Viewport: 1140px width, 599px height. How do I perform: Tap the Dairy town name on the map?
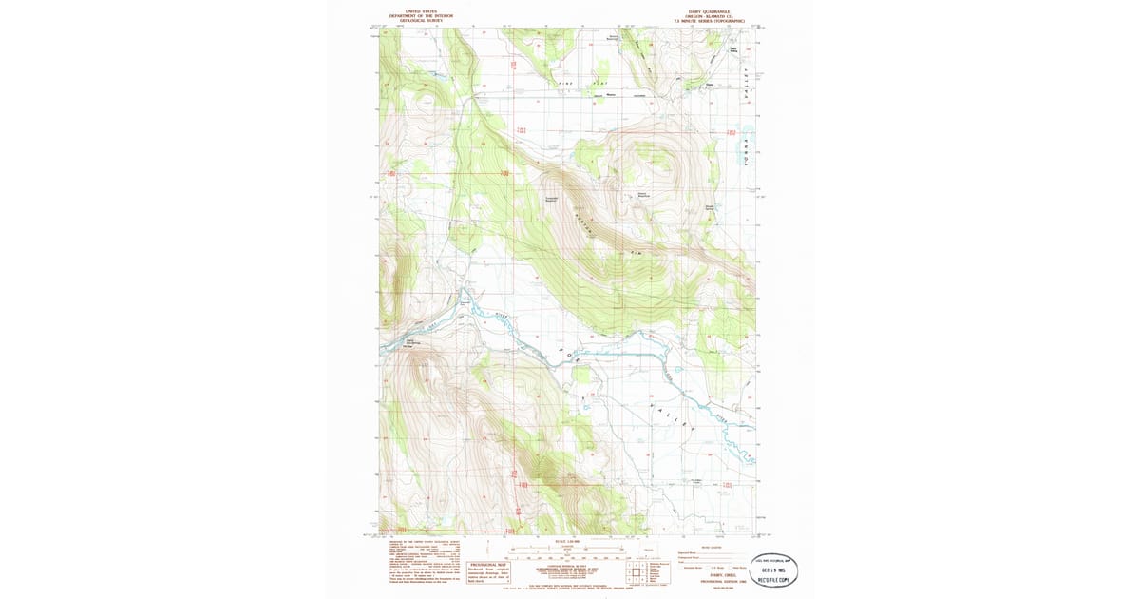pyautogui.click(x=708, y=85)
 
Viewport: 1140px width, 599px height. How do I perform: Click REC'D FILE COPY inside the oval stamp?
pyautogui.click(x=773, y=578)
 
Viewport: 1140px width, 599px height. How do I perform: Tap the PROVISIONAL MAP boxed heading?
pyautogui.click(x=490, y=563)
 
